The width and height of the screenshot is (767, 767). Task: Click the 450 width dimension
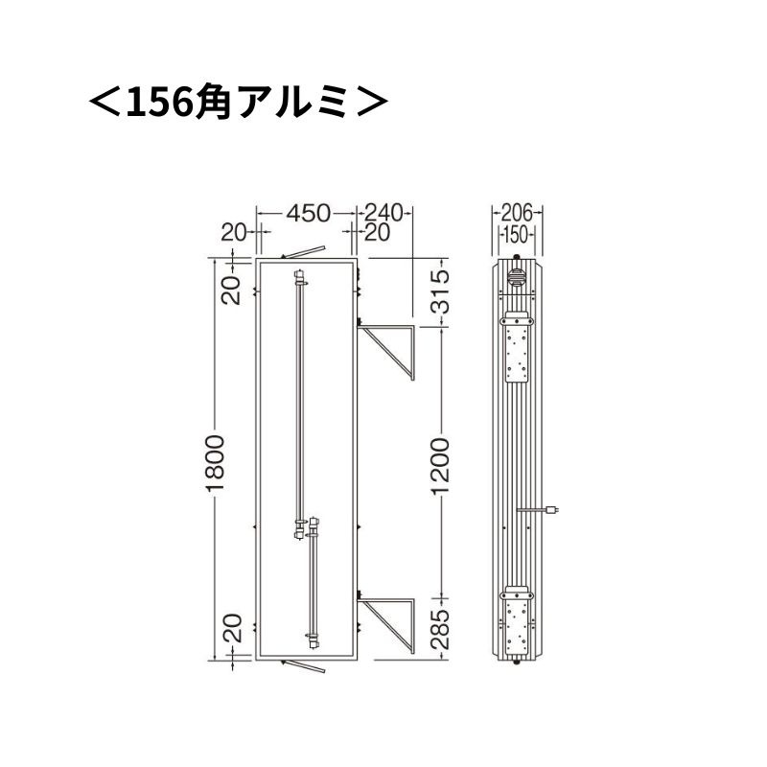tap(307, 213)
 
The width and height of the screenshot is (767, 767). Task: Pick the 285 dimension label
tap(440, 629)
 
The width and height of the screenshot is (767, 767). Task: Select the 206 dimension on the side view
tap(518, 213)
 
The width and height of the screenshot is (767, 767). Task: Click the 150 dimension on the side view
tap(518, 233)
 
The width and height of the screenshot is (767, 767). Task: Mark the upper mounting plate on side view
tap(518, 350)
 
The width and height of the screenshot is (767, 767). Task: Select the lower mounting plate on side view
tap(518, 620)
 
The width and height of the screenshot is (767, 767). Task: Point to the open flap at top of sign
tap(305, 251)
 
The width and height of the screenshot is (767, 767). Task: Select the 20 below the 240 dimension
tap(376, 233)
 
